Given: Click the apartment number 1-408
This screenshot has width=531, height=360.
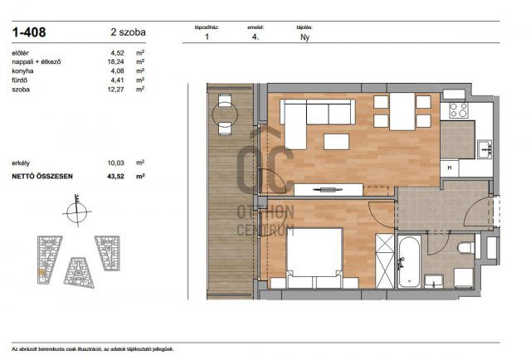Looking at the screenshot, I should (x=31, y=33).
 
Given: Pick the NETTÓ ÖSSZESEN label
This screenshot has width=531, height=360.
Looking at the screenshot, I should (x=42, y=177).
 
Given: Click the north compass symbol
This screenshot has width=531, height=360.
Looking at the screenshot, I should (x=76, y=211).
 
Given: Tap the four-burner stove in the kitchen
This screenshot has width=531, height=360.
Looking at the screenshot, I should (x=456, y=109).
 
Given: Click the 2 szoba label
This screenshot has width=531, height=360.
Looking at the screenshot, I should (x=128, y=33).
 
